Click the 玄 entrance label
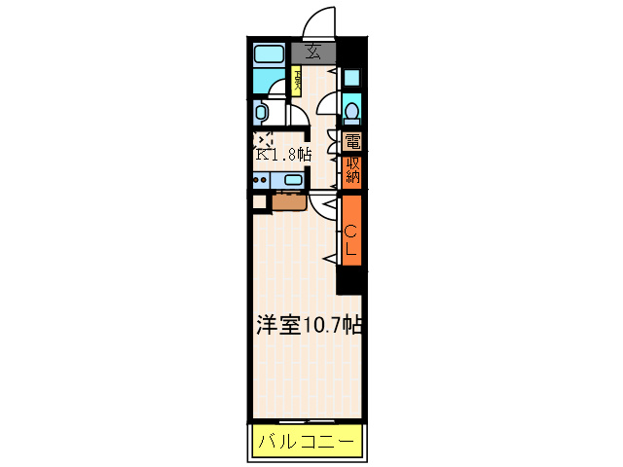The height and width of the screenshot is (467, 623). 313,53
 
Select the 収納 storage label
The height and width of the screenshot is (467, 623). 352,171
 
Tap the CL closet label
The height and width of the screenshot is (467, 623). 351,239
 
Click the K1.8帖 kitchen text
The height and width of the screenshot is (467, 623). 284,154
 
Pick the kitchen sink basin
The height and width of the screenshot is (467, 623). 291,180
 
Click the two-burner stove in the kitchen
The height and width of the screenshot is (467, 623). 262,180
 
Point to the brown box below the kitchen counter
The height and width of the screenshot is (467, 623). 290,202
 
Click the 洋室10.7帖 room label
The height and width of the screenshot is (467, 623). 308,326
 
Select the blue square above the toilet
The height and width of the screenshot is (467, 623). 351,78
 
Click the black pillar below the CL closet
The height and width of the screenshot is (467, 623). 348,282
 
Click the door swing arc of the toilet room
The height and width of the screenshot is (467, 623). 327,102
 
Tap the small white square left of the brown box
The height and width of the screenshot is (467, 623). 259,202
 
